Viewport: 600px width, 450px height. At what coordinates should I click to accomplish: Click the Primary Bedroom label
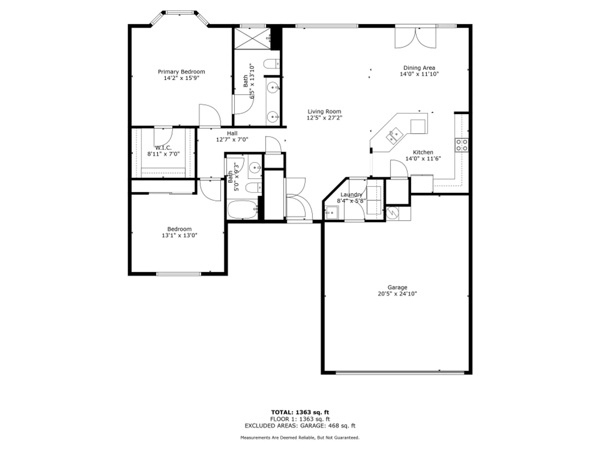click(x=181, y=72)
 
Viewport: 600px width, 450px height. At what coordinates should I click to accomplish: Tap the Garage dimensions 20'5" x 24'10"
click(x=397, y=294)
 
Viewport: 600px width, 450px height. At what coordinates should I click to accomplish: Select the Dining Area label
click(x=419, y=68)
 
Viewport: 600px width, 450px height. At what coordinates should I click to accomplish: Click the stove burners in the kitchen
click(x=461, y=145)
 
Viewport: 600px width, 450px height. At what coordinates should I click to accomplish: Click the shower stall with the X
click(x=252, y=39)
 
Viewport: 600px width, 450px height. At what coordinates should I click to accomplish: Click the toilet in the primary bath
click(x=271, y=64)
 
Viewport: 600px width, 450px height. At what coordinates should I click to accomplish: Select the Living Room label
click(x=324, y=111)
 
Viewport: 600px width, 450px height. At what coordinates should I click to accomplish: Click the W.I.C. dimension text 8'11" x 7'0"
click(x=163, y=154)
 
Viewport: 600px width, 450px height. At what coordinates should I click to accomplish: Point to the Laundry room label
click(x=351, y=194)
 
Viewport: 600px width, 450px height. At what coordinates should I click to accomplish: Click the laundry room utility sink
click(x=331, y=212)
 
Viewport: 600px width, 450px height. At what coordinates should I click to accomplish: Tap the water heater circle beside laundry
click(x=392, y=213)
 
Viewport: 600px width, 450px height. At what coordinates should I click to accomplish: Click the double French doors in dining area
click(x=415, y=38)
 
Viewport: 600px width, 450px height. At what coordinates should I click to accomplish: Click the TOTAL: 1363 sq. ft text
click(x=300, y=412)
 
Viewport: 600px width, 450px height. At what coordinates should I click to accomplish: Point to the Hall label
click(x=232, y=133)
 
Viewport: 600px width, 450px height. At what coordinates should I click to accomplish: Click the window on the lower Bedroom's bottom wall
click(x=178, y=274)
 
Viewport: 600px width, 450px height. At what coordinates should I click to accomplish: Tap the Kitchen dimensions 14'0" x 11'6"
click(x=423, y=159)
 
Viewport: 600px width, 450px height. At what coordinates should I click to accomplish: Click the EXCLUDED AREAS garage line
click(x=300, y=426)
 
